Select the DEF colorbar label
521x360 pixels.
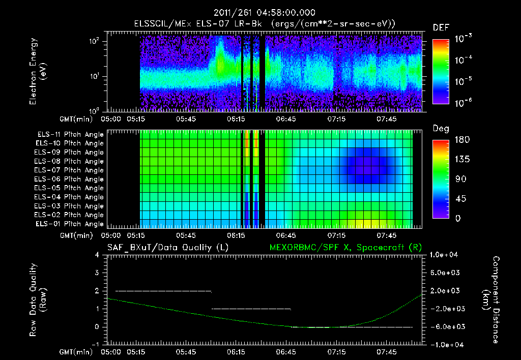tap(441, 27)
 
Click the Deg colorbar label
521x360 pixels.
tap(441, 129)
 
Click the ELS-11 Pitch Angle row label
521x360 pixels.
tap(70, 135)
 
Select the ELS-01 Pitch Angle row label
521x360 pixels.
tap(70, 224)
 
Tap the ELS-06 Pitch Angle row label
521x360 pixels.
tap(70, 179)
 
